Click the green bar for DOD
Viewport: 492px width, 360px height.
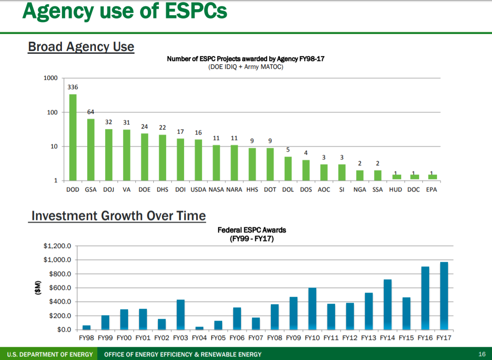point(73,137)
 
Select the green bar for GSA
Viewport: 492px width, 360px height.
point(91,150)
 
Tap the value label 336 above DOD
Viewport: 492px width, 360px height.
point(73,87)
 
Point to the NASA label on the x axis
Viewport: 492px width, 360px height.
point(216,190)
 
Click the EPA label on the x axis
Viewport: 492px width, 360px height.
point(431,190)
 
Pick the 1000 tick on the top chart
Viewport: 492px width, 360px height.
point(50,78)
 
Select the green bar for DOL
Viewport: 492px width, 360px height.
point(288,169)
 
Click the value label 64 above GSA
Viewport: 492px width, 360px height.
point(91,112)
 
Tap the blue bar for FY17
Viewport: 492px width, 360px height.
point(444,296)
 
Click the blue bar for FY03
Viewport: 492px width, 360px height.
point(181,315)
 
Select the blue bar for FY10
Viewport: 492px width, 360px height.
point(313,309)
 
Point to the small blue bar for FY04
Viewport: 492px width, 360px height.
point(199,328)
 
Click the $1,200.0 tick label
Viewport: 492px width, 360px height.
point(57,246)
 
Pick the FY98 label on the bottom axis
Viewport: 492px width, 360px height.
point(86,338)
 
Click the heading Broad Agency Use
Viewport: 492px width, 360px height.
point(81,47)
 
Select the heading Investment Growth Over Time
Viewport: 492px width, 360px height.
point(118,216)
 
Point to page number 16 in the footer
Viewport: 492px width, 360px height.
point(481,354)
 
